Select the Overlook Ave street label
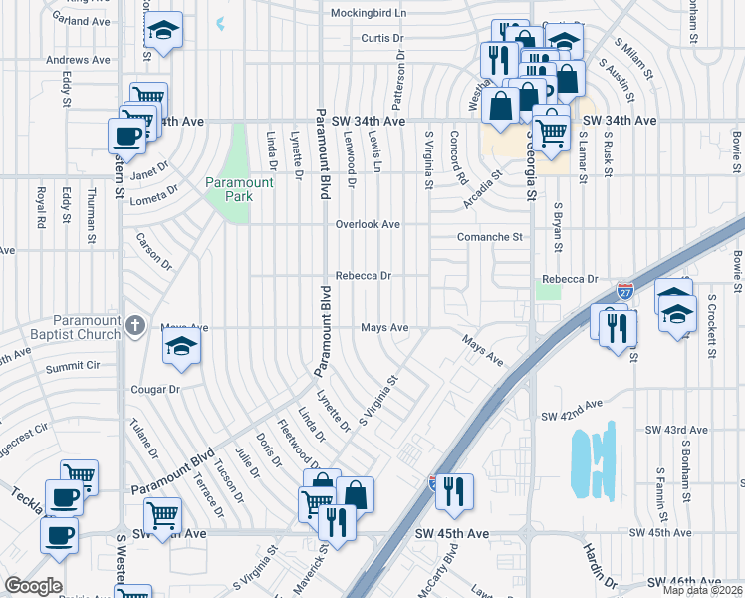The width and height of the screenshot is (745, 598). coord(367,225)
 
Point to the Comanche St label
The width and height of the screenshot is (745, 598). coord(490,237)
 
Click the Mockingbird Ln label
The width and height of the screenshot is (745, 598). coord(369,13)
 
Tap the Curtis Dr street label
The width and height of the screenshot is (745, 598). coord(383,39)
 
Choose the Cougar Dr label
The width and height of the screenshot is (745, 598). coord(155,390)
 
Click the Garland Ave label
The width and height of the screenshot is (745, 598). coord(84,20)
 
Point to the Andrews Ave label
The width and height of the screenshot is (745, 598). coord(78,60)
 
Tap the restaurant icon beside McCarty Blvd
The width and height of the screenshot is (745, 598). coord(454,488)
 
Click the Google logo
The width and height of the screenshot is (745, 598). coord(33,586)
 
